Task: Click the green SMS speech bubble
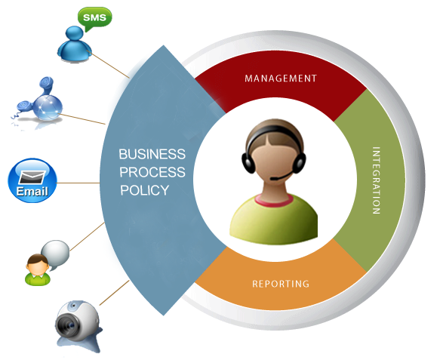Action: click(x=94, y=19)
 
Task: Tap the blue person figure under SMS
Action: click(x=75, y=44)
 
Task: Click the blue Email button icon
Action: click(x=32, y=180)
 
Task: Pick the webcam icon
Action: click(x=78, y=325)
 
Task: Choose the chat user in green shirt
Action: click(x=38, y=270)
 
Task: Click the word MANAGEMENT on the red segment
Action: click(x=281, y=78)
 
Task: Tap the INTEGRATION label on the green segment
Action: click(x=376, y=180)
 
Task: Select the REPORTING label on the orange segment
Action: click(x=281, y=284)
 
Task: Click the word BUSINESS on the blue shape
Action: click(x=152, y=154)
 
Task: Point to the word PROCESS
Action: click(x=152, y=172)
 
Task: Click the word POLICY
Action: click(x=144, y=190)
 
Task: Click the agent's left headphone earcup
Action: click(x=248, y=163)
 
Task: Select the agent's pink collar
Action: click(x=274, y=200)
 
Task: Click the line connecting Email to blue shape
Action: click(x=78, y=183)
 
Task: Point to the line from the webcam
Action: click(x=114, y=293)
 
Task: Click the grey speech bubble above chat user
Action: click(x=56, y=254)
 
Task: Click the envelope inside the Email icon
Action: click(x=32, y=177)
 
